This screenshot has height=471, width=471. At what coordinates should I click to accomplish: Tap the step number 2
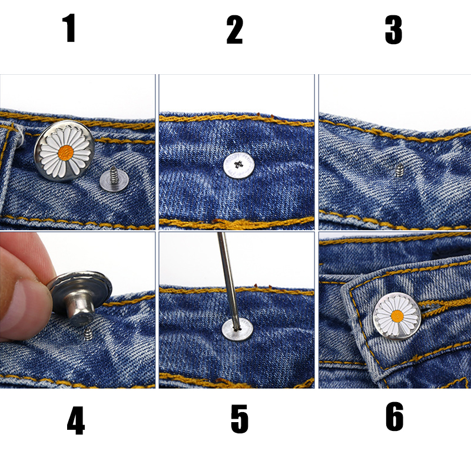234,30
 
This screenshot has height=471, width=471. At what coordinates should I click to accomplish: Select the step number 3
393,30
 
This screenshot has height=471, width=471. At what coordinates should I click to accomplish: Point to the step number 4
75,421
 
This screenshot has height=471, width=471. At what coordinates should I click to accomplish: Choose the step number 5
239,420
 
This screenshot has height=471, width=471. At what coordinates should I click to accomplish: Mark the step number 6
394,417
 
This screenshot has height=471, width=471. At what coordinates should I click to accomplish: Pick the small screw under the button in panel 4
88,334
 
